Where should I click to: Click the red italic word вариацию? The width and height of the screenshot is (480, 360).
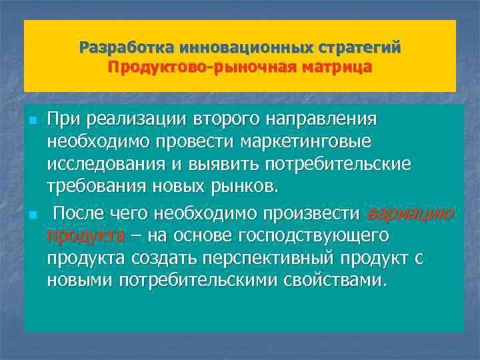tap(409, 213)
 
